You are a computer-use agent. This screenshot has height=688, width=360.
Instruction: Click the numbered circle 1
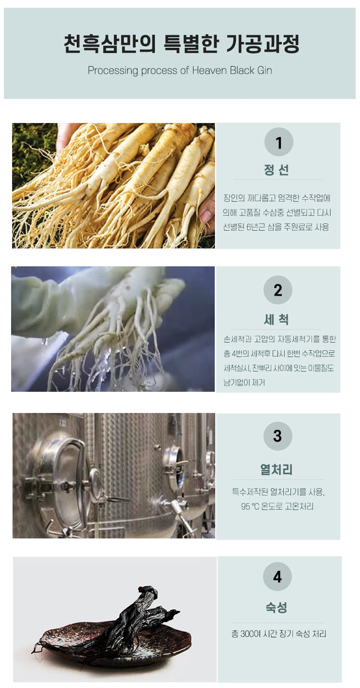[x=278, y=142]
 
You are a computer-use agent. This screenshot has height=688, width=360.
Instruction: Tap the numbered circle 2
[x=277, y=289]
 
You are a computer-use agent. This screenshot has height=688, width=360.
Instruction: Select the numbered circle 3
[x=277, y=436]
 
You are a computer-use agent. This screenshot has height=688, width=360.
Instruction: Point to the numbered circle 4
[x=277, y=577]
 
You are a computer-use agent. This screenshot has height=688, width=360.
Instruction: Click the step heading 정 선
[x=277, y=170]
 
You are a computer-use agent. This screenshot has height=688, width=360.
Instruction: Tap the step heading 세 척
[x=277, y=319]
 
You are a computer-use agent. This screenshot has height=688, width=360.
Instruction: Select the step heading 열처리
[x=277, y=469]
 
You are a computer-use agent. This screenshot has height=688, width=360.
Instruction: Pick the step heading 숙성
[x=277, y=607]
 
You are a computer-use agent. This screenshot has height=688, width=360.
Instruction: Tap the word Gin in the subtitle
[x=264, y=70]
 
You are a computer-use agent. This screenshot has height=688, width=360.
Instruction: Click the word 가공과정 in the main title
[x=263, y=44]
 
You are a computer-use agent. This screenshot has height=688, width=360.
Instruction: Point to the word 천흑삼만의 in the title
[x=110, y=44]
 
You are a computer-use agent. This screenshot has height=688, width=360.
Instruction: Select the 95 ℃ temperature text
[x=250, y=506]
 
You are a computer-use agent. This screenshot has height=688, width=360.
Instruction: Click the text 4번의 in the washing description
[x=240, y=354]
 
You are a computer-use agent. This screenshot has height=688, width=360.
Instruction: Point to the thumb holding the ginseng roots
[x=208, y=213]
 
